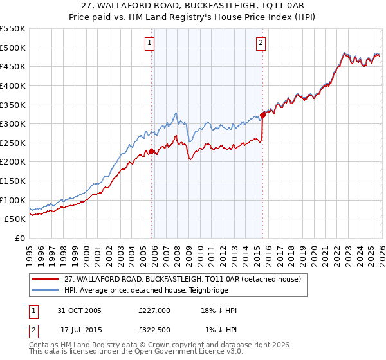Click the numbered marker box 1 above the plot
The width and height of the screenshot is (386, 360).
pos(149,43)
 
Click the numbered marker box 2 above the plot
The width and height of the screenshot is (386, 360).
pos(261,43)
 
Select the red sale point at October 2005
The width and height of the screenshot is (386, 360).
pos(152,152)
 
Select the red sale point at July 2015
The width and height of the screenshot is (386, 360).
pos(262,116)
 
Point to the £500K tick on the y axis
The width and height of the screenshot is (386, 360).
pos(13,48)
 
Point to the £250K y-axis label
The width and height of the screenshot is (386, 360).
pos(13,143)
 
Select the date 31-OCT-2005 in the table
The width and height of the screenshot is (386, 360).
pos(79,310)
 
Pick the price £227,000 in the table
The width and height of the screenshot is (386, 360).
pos(154,310)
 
